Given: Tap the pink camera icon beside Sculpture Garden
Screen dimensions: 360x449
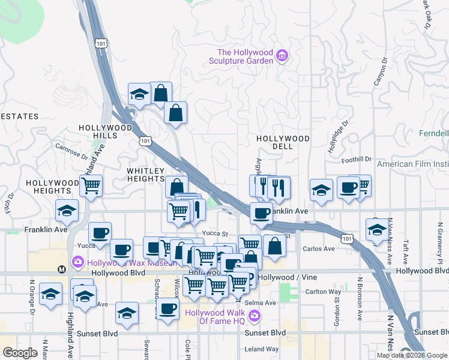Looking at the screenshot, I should (x=282, y=57).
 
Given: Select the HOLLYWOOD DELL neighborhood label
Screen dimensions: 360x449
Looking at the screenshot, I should (x=283, y=142).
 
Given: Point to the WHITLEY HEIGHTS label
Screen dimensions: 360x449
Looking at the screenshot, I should (x=145, y=175).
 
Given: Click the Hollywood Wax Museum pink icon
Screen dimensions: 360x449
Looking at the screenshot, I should (x=77, y=262).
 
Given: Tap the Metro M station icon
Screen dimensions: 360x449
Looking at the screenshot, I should (x=61, y=269).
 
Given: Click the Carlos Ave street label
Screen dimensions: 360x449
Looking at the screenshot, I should (x=319, y=248).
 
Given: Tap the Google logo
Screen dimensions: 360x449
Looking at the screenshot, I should (x=20, y=353).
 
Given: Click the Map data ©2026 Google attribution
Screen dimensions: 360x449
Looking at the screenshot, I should (x=411, y=355).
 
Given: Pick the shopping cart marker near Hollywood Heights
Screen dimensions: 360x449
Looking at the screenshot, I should (x=91, y=185).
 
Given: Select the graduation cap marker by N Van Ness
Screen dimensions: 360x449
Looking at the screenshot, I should (x=377, y=230).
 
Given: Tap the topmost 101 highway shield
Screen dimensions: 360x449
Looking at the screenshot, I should (x=101, y=43).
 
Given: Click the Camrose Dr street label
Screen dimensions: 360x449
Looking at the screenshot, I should (x=71, y=149).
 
